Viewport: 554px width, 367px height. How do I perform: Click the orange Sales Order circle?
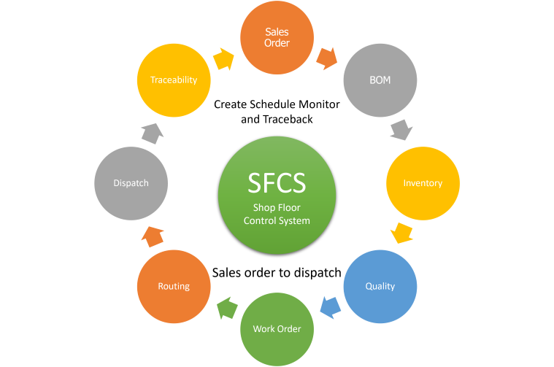(277, 37)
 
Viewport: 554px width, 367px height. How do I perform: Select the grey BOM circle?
(380, 80)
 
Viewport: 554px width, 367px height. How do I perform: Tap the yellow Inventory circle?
(423, 183)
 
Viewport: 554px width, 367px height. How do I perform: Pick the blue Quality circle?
(380, 286)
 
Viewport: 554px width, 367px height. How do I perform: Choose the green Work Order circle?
(277, 328)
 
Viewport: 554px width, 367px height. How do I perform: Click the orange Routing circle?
(174, 286)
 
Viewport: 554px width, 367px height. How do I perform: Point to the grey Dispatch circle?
(131, 183)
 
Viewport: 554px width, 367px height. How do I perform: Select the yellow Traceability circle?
(174, 80)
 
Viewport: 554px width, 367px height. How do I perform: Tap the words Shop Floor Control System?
(277, 215)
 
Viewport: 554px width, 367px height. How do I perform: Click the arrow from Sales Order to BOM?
(326, 58)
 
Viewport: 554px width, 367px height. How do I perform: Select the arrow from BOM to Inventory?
(401, 131)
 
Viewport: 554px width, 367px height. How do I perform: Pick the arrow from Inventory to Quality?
(401, 233)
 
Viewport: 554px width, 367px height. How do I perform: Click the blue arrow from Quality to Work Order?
(330, 307)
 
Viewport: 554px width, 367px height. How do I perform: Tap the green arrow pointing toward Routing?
(227, 307)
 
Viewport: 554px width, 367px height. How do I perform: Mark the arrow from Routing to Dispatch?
(153, 236)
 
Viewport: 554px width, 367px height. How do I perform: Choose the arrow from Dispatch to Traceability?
(153, 132)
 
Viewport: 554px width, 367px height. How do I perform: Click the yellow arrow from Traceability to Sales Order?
(224, 59)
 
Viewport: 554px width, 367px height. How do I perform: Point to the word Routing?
(174, 286)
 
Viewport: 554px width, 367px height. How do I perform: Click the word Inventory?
(423, 183)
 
